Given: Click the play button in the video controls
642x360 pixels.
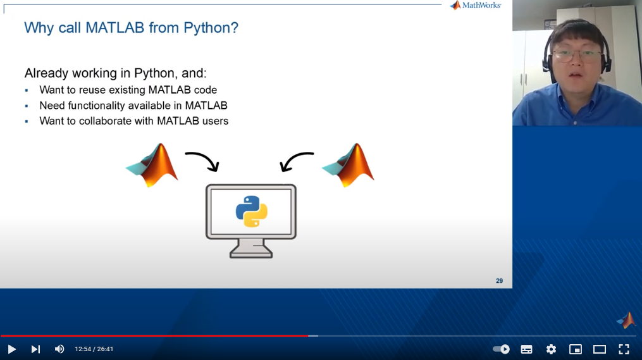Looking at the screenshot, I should point(11,349).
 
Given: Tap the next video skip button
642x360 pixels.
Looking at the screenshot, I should point(35,349).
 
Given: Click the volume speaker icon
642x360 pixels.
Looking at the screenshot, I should point(59,349).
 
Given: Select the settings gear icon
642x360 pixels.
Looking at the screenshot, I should point(551,349).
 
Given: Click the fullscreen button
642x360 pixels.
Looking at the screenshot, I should point(624,349).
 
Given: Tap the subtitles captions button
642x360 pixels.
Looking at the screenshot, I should point(526,349).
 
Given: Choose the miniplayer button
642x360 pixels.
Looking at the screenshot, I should point(575,349).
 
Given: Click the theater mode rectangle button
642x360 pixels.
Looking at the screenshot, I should point(599,349).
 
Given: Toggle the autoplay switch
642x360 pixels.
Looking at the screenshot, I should point(501,349).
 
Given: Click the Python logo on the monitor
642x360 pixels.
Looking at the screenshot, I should point(251,212).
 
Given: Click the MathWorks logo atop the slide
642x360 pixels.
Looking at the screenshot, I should point(476,5).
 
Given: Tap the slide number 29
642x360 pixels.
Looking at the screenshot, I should point(499,280).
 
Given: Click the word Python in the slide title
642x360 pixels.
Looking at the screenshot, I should point(211,28).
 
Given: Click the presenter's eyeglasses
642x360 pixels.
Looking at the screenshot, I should point(576,54).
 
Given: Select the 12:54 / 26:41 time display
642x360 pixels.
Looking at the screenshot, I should point(94,349).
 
